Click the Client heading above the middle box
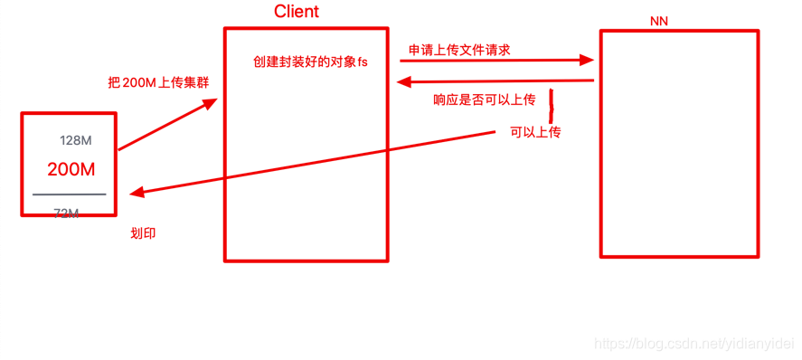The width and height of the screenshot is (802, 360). coord(297,12)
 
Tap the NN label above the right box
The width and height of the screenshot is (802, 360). coord(659,20)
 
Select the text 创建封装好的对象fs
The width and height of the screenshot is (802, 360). coord(310,62)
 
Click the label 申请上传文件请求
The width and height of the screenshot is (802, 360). coord(459,50)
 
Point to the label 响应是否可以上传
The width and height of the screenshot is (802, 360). coord(484,99)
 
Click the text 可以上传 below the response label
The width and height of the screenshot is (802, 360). coord(535,132)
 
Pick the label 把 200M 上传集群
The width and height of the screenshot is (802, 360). coord(158,82)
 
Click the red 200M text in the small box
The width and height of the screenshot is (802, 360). coord(71,169)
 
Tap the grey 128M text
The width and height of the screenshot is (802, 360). coord(75,140)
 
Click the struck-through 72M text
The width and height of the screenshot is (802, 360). coord(66,213)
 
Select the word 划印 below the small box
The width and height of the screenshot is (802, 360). coord(144,233)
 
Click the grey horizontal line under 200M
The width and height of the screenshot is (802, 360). coord(69,194)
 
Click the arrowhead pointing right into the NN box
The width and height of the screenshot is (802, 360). coord(588,61)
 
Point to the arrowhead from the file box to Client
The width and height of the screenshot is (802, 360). coord(211,103)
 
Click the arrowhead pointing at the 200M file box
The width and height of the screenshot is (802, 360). coord(136,192)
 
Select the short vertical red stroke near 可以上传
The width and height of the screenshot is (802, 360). coord(550,101)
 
